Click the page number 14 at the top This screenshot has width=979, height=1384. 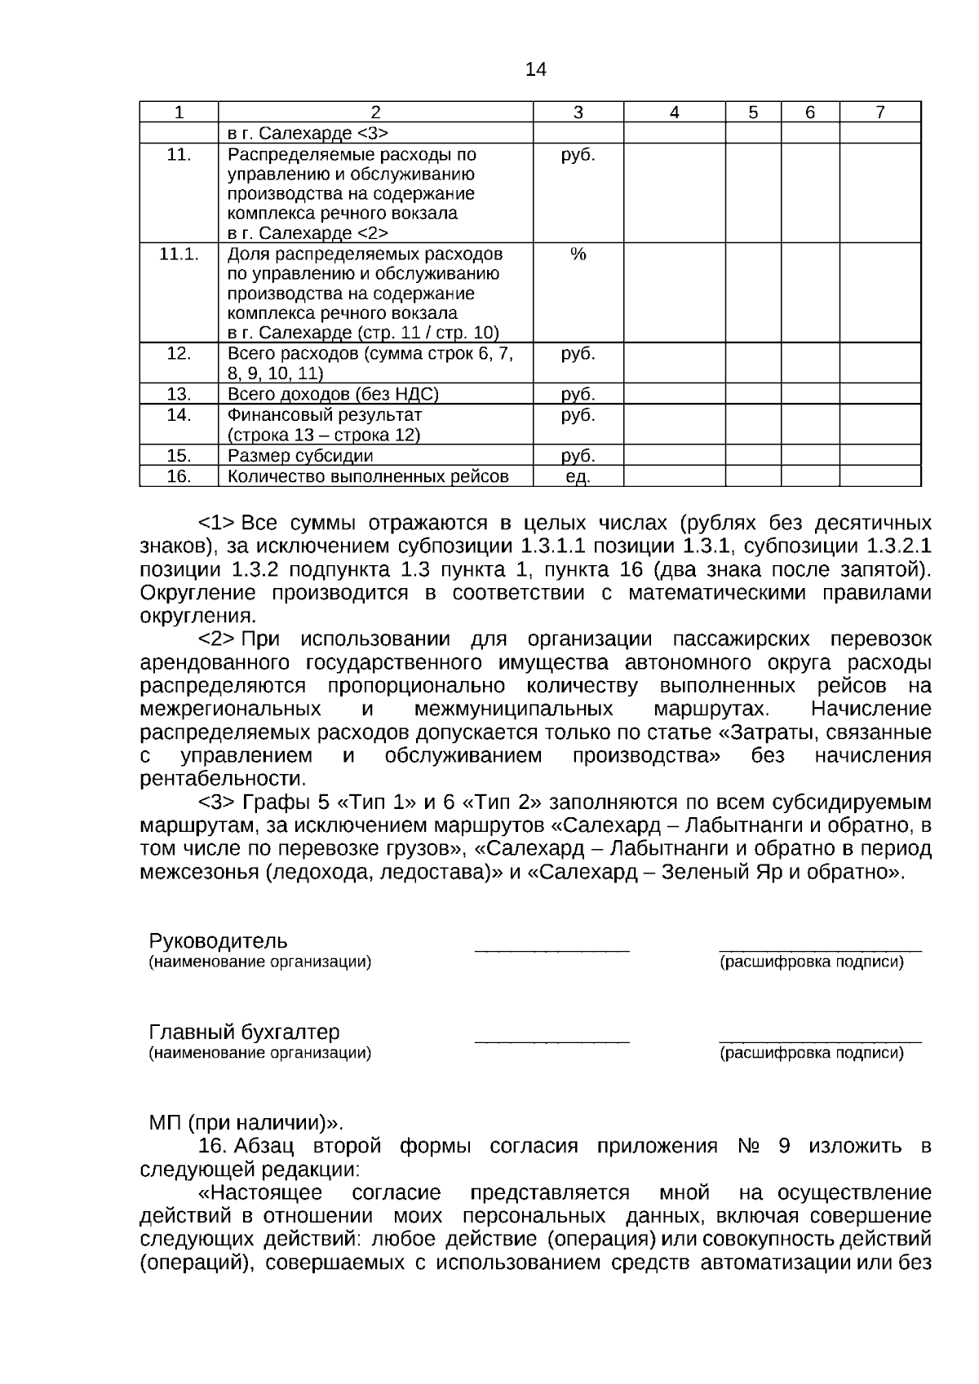(x=535, y=70)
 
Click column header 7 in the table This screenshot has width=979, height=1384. (x=879, y=113)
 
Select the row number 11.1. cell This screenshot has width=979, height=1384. (x=179, y=254)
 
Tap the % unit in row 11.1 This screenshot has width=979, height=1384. (x=578, y=254)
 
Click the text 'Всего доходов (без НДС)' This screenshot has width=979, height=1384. (x=333, y=395)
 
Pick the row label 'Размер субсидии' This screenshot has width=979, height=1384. (x=300, y=456)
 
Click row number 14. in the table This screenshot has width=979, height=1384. (x=179, y=415)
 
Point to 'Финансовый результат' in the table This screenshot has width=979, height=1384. (x=325, y=415)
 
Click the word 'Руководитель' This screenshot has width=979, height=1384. (x=218, y=941)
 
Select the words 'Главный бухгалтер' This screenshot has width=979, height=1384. (x=244, y=1032)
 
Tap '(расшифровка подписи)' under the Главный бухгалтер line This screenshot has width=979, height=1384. (x=811, y=1054)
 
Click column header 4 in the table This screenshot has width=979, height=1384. (x=674, y=113)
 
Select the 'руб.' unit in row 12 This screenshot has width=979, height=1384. (x=578, y=354)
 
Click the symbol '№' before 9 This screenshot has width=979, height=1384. (x=749, y=1146)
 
